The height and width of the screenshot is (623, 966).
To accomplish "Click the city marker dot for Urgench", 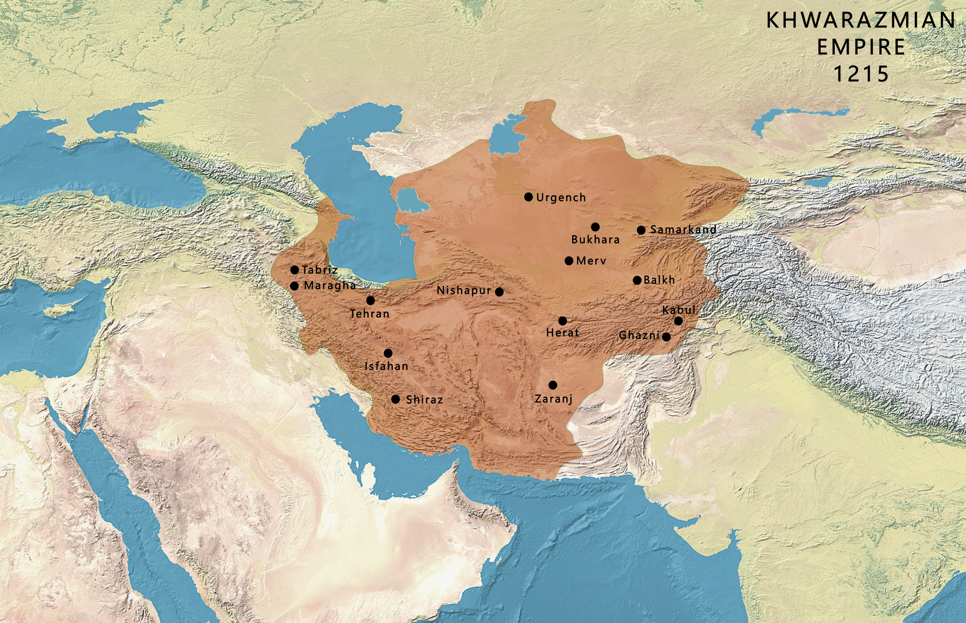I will tap(528, 197).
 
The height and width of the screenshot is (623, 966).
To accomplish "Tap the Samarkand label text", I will tap(683, 229).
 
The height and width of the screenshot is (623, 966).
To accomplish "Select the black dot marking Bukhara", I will tap(595, 227).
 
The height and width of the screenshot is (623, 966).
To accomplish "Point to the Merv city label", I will tap(591, 261).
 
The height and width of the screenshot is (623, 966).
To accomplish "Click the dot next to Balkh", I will tap(637, 280).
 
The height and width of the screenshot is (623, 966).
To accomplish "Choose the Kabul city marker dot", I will tap(678, 321).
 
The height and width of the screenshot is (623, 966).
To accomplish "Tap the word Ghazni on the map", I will tap(639, 335).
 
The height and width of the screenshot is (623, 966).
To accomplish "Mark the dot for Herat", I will tap(563, 321).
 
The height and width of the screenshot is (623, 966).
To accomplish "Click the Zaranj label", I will tap(553, 399).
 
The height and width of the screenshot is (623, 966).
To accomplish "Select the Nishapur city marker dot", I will tap(499, 292).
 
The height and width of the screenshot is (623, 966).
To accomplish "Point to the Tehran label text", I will tap(369, 313).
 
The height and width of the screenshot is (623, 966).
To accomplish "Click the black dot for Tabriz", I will tap(295, 270).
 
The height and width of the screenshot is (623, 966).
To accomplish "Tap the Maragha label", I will tap(329, 285).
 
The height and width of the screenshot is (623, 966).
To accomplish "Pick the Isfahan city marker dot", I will tap(388, 353).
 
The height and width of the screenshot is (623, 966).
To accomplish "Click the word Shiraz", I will tap(424, 400).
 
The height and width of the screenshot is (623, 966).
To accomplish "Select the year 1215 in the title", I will tap(861, 74).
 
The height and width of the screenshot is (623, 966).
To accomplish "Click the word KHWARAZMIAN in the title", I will tap(861, 20).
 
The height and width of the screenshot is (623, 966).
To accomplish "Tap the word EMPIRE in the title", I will tap(861, 47).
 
